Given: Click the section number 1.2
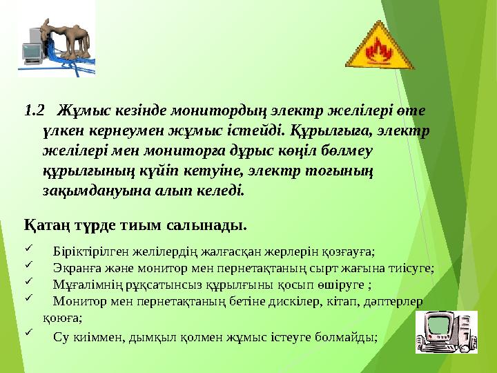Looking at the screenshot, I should point(34,111).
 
